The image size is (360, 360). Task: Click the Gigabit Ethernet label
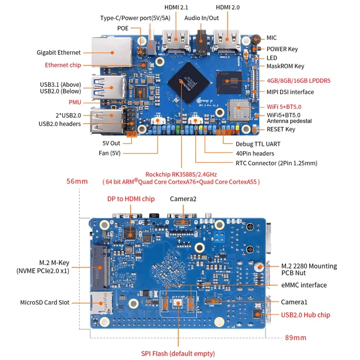58,53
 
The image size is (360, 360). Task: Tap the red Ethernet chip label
63,65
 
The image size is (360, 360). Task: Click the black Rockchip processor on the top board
187,81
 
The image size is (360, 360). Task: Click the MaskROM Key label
285,66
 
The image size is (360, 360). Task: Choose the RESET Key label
281,130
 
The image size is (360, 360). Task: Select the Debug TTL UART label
258,144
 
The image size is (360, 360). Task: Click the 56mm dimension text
77,181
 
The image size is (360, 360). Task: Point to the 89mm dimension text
296,337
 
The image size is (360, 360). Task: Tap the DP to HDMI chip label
131,199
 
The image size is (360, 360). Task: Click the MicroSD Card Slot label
45,302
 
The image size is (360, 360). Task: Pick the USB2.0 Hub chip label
306,315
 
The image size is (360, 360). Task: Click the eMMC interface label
304,285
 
